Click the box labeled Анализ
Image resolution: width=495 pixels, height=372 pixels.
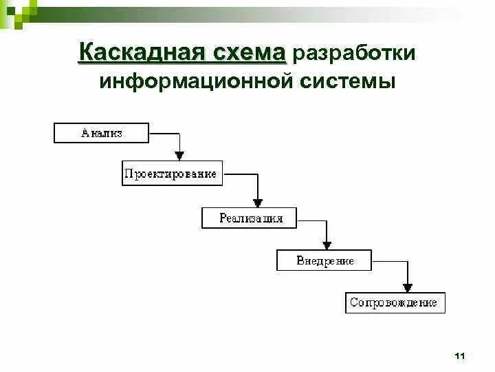tap(101, 133)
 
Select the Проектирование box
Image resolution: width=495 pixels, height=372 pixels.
tap(170, 174)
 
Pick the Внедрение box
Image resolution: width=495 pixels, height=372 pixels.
tap(324, 260)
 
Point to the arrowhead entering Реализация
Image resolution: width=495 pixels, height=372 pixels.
tap(257, 202)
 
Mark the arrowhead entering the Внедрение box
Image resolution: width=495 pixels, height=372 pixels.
tap(327, 244)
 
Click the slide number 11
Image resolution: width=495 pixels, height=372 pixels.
tap(460, 355)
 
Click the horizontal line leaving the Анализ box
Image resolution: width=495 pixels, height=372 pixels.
tap(164, 132)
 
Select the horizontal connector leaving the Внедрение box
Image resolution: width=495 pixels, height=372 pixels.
tap(389, 260)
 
